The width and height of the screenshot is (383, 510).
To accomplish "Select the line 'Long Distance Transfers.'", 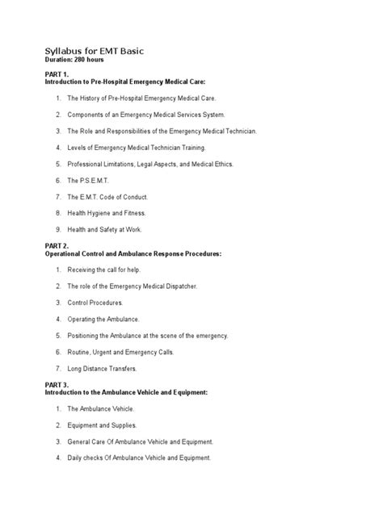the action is [103, 369].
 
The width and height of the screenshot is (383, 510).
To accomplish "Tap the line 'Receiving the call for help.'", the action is [108, 269].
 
